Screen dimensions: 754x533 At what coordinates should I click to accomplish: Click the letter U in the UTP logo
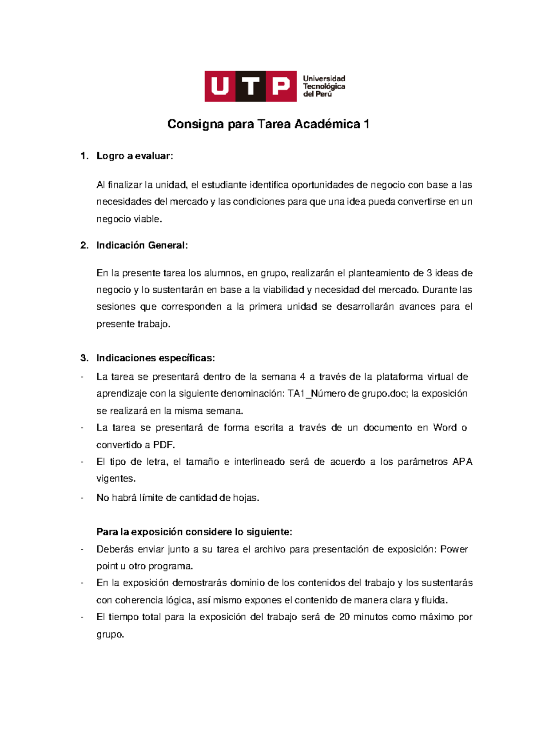pyautogui.click(x=220, y=86)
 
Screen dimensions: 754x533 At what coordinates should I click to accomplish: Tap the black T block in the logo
pyautogui.click(x=251, y=86)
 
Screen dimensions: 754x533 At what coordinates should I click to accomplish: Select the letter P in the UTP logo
pyautogui.click(x=281, y=86)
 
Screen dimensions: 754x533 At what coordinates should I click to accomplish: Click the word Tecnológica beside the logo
pyautogui.click(x=324, y=86)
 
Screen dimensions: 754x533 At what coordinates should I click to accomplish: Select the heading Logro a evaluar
pyautogui.click(x=135, y=156)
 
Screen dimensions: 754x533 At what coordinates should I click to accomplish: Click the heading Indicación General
pyautogui.click(x=142, y=245)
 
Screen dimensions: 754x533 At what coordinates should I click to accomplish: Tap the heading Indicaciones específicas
pyautogui.click(x=155, y=358)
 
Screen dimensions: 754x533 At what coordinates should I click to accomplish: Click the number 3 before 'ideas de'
pyautogui.click(x=429, y=273)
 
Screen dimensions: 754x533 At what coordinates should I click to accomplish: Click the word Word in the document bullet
pyautogui.click(x=445, y=428)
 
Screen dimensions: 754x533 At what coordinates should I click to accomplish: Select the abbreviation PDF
pyautogui.click(x=163, y=445)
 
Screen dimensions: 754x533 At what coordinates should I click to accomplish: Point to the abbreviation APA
pyautogui.click(x=462, y=462)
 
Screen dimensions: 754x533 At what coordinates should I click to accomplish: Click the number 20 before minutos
pyautogui.click(x=344, y=617)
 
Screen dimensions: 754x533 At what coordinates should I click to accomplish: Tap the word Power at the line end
pyautogui.click(x=454, y=550)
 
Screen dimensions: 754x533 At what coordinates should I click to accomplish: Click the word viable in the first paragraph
pyautogui.click(x=147, y=219)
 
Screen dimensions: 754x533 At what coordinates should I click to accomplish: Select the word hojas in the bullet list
pyautogui.click(x=245, y=498)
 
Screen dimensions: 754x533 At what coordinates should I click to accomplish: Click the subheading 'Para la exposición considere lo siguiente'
pyautogui.click(x=194, y=532)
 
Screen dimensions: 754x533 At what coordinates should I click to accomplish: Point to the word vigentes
pyautogui.click(x=115, y=479)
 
